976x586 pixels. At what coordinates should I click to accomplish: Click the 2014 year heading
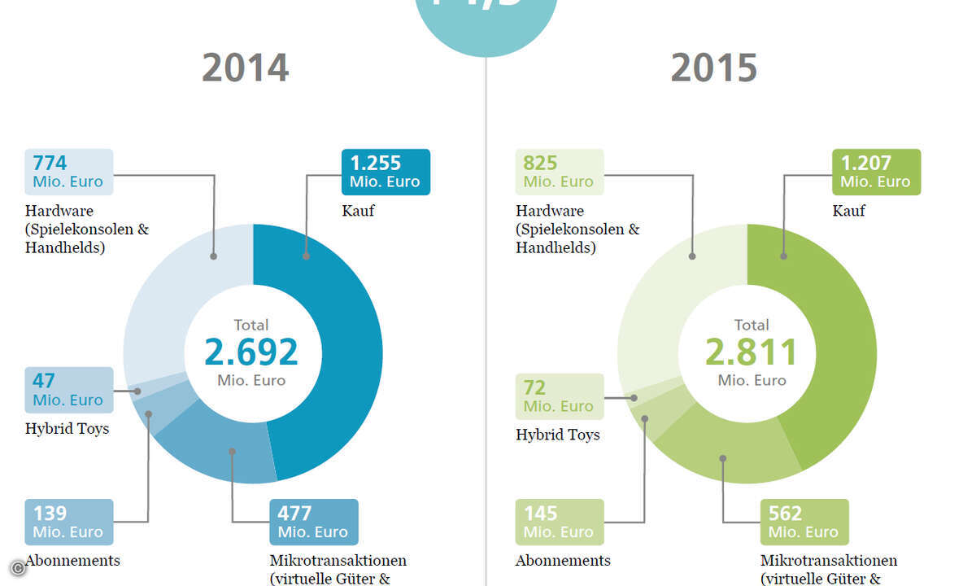(246, 68)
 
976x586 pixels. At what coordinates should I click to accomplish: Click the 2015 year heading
(714, 68)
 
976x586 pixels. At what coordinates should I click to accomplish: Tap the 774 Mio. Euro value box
(68, 172)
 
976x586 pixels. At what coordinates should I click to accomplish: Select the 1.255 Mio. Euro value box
(386, 172)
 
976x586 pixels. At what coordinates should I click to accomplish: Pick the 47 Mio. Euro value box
(68, 390)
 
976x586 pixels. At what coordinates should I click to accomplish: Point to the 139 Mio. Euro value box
(68, 522)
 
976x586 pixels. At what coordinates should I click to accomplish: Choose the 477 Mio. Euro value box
(313, 522)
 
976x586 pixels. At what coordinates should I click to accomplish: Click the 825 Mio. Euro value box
(560, 172)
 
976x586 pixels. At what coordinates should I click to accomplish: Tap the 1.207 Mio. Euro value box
(876, 172)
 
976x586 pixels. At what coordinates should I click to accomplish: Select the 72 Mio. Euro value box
(560, 396)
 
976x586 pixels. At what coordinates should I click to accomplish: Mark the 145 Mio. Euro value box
(560, 522)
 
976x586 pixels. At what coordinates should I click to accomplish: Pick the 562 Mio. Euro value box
(804, 522)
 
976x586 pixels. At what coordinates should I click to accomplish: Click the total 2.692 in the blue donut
(251, 352)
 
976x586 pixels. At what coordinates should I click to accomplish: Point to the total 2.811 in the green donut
(752, 352)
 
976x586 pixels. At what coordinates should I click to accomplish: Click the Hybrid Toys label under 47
(67, 429)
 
